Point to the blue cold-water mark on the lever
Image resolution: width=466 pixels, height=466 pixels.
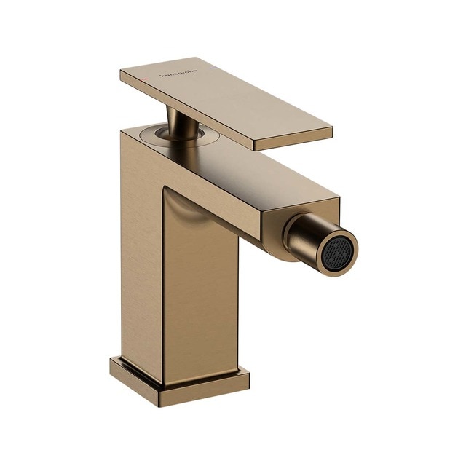(x=212, y=67)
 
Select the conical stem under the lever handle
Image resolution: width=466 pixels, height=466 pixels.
(x=178, y=120)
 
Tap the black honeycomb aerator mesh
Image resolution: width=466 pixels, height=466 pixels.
(x=337, y=252)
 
